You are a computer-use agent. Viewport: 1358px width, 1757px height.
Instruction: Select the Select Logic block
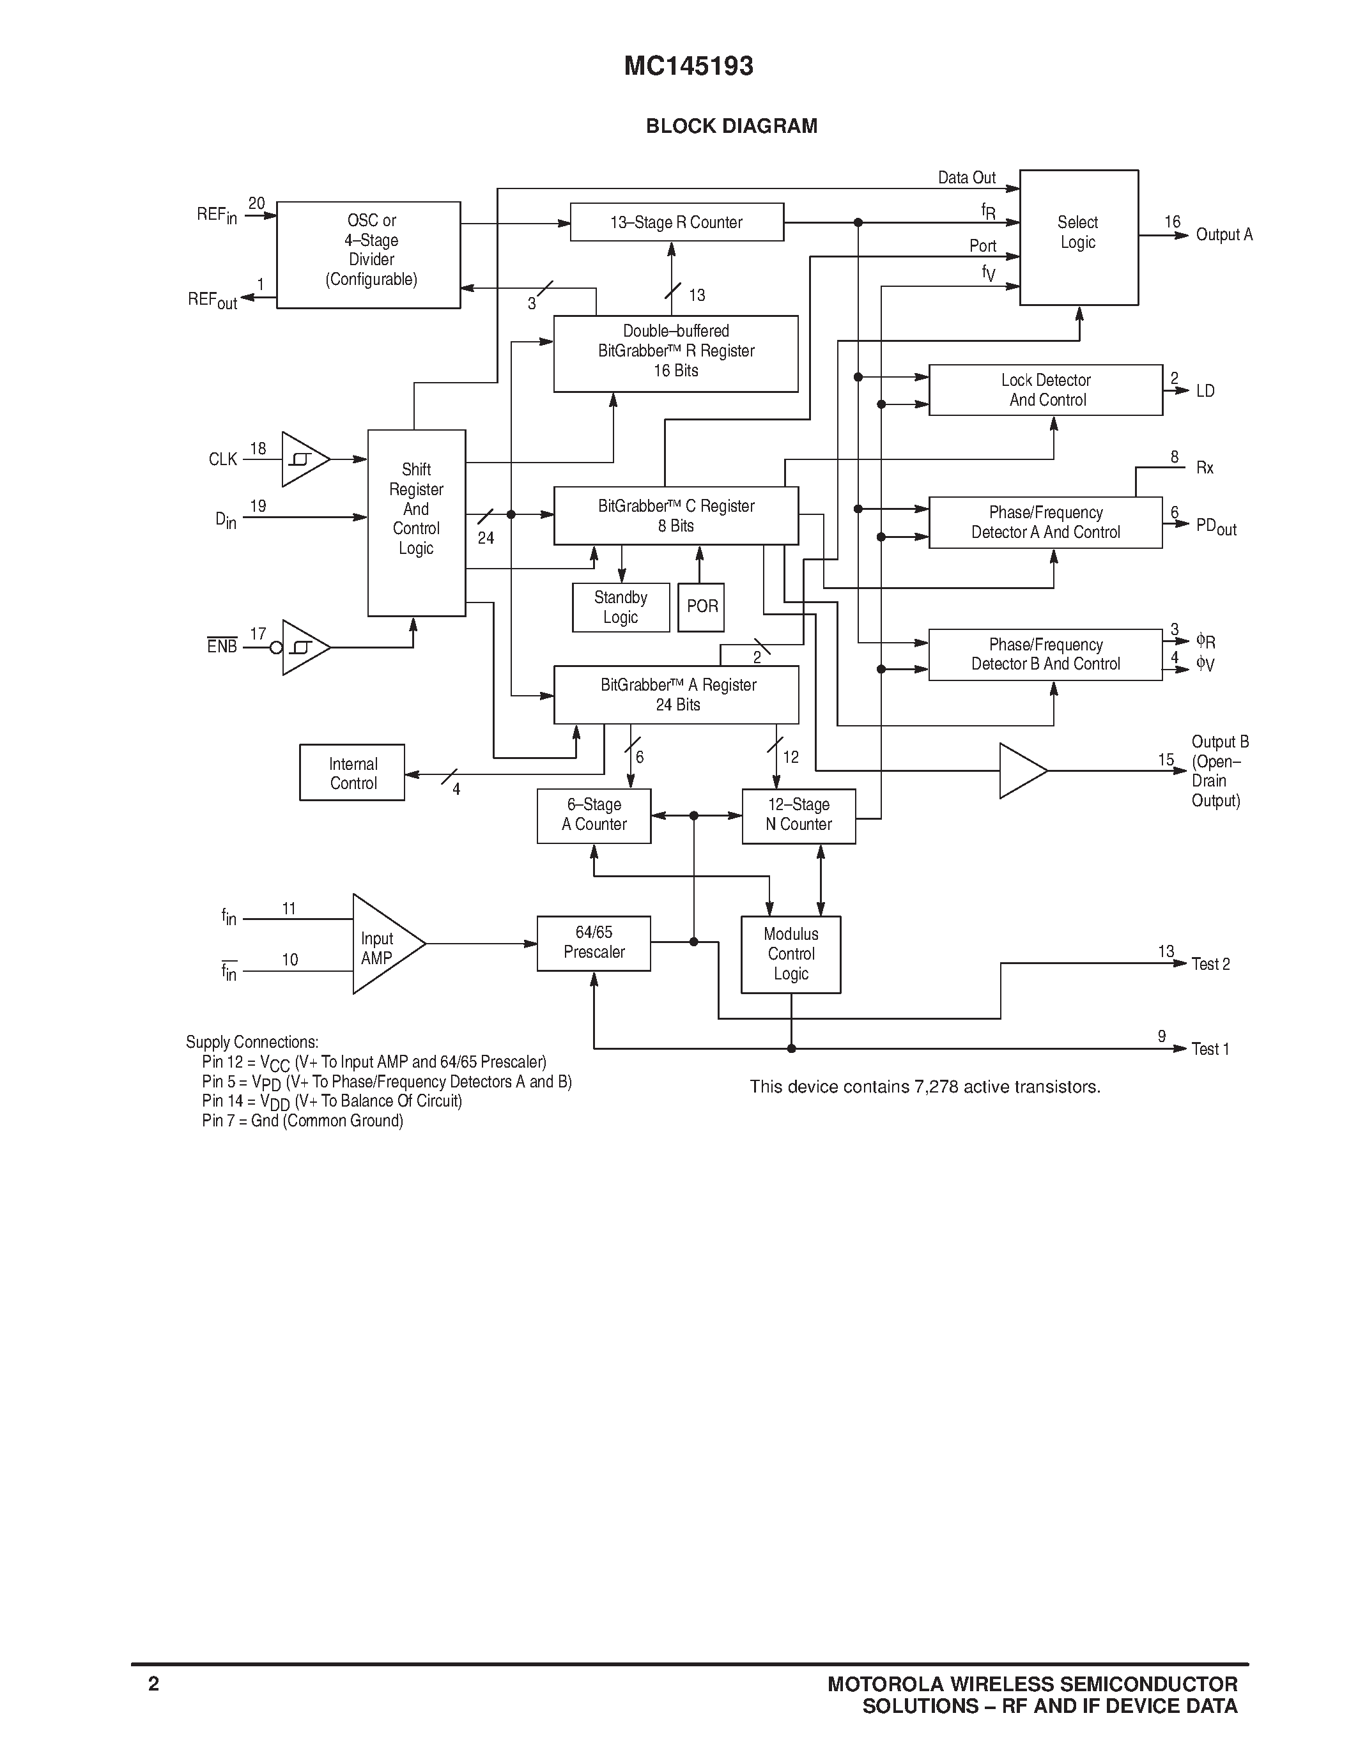click(1078, 236)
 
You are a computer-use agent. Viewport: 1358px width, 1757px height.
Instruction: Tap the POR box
click(700, 606)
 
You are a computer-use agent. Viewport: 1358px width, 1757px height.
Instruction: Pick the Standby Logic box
click(621, 608)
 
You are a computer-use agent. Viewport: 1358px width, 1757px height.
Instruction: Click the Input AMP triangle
click(382, 944)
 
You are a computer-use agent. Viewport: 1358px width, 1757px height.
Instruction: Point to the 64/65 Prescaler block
click(594, 943)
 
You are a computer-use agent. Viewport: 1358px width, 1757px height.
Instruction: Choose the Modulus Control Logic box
click(791, 954)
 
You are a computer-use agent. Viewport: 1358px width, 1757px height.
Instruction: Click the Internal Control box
click(352, 772)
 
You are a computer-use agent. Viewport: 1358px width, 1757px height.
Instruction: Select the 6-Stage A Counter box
click(594, 815)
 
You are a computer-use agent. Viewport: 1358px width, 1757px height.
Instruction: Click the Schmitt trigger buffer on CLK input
click(304, 459)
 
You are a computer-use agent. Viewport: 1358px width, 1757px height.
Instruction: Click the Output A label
click(1224, 235)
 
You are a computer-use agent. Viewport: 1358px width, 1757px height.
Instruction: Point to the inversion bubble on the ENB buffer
click(276, 647)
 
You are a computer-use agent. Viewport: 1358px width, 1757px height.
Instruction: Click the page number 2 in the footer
click(153, 1684)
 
